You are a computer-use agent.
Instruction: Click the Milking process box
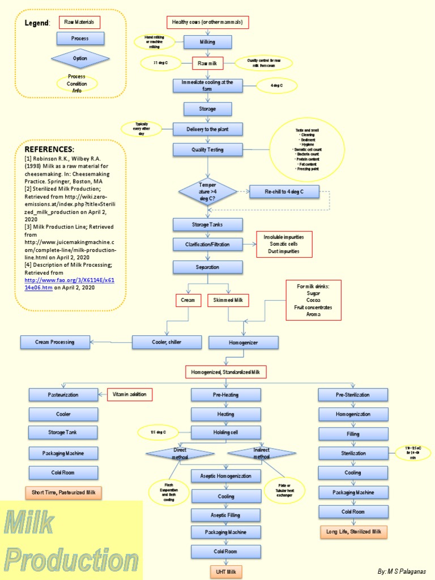(x=207, y=42)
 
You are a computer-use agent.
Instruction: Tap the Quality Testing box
(x=207, y=150)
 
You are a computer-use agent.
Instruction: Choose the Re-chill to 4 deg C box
(x=284, y=192)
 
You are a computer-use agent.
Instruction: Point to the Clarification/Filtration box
(x=207, y=244)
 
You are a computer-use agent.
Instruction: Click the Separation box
(x=207, y=267)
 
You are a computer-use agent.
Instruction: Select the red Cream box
(x=187, y=300)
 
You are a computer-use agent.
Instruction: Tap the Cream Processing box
(x=55, y=342)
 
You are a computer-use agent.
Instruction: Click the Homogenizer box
(x=244, y=342)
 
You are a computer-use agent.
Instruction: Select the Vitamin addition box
(x=130, y=394)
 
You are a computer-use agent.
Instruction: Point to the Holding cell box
(x=225, y=433)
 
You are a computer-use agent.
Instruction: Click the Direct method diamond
(x=180, y=453)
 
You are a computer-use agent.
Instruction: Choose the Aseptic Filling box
(x=225, y=515)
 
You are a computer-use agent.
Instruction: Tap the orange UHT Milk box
(x=225, y=572)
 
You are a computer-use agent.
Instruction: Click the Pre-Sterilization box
(x=353, y=395)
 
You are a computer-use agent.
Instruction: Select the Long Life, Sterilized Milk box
(x=353, y=532)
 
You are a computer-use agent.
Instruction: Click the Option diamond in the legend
(x=80, y=58)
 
